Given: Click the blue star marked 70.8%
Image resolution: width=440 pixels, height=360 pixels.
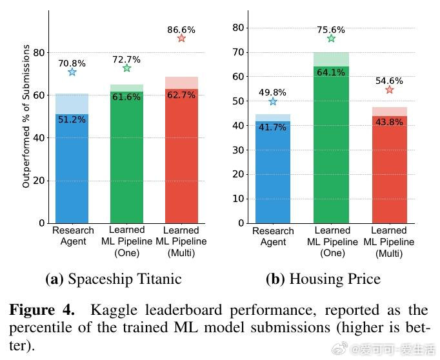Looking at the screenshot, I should tap(72, 72).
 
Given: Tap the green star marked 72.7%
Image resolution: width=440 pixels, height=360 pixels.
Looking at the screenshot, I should tap(126, 68).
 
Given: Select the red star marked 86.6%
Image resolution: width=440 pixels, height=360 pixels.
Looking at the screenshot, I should tap(181, 39).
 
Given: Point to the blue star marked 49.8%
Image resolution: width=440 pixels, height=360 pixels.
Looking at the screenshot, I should tap(273, 101).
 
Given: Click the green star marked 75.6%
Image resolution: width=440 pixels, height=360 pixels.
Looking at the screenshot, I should tap(331, 39).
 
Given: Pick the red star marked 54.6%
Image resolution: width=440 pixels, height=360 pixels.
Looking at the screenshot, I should tap(389, 90).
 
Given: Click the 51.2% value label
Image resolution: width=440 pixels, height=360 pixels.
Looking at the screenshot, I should tap(72, 119).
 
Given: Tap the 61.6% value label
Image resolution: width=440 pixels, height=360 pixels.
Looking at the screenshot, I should tap(126, 97).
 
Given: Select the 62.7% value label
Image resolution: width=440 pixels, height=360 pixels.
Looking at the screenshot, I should tap(181, 95).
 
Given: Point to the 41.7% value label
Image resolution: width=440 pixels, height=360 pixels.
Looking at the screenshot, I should tap(273, 127).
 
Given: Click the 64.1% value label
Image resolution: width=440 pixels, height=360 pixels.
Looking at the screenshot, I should tap(331, 72).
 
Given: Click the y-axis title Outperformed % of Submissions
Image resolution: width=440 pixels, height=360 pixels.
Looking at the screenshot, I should tap(26, 116).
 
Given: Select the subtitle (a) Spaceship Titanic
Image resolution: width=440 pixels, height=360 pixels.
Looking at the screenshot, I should tap(114, 279).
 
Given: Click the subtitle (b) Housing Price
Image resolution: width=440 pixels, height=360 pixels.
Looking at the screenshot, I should tap(323, 279).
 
